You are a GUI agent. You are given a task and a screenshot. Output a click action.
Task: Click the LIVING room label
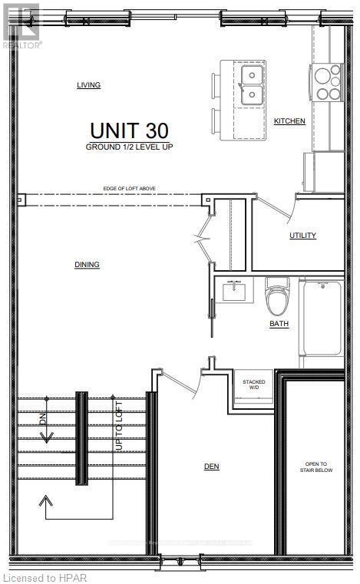click(x=89, y=85)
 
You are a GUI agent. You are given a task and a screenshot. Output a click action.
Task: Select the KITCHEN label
click(x=289, y=121)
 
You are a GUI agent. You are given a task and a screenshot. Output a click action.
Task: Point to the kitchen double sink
click(x=252, y=85)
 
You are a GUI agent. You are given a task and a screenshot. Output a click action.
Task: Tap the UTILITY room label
click(x=302, y=236)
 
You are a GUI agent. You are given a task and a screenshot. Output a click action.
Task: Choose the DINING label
click(x=87, y=265)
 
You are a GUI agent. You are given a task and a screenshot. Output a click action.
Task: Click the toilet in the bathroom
click(x=276, y=299)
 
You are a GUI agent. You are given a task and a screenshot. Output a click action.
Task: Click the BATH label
click(x=279, y=324)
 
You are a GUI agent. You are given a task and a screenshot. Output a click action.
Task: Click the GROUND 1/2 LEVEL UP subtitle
click(x=129, y=146)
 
